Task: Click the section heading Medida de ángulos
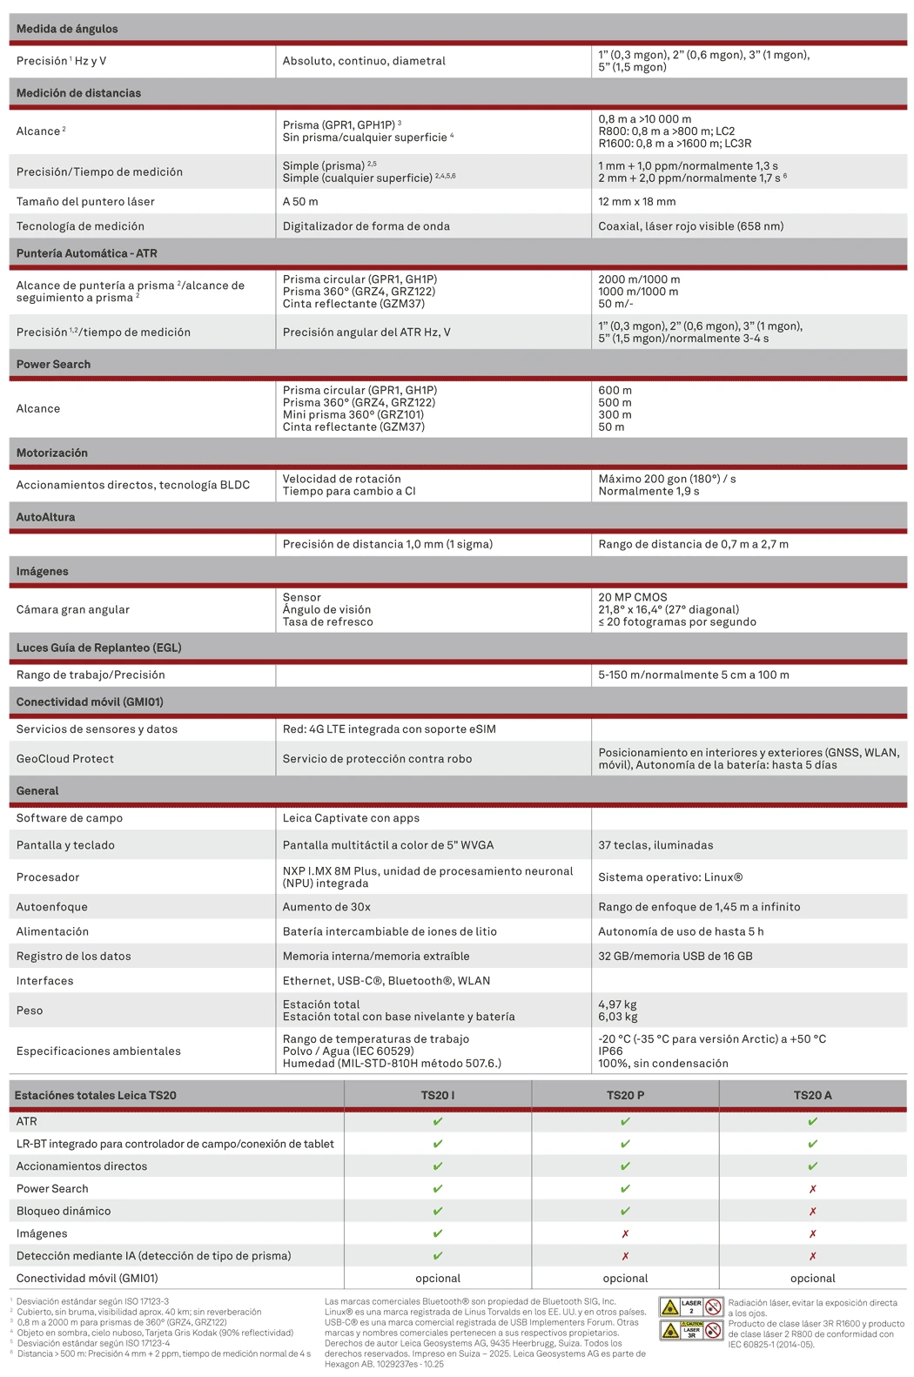pos(67,29)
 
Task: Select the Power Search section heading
pos(53,364)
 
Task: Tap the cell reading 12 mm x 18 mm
pos(636,201)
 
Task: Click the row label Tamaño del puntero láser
pos(85,201)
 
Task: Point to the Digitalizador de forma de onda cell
pos(366,226)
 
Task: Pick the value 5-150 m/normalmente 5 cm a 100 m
pos(693,675)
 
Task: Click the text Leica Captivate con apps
pos(351,818)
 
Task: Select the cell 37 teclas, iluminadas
pos(655,845)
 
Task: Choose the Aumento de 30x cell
pos(326,907)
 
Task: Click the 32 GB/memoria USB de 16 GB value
pos(674,956)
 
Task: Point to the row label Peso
pos(30,1011)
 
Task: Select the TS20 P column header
pos(625,1095)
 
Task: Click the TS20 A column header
pos(812,1095)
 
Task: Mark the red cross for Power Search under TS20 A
pos(812,1189)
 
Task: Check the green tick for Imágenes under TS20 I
pos(438,1233)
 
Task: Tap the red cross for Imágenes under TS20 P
pos(625,1233)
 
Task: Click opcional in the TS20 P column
pos(625,1279)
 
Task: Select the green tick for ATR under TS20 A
pos(812,1122)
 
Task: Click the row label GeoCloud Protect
pos(65,759)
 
